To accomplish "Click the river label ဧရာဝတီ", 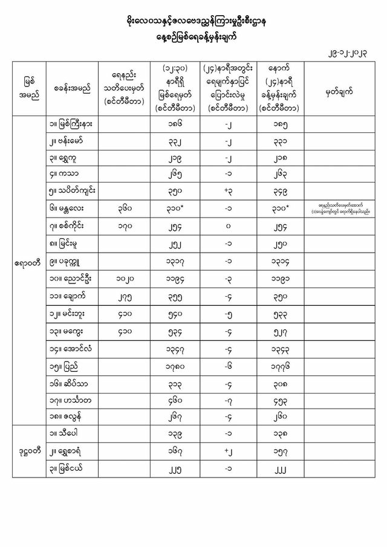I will click(28, 264).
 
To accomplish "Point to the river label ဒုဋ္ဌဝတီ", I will click(28, 468).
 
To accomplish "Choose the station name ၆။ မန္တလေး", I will click(67, 209).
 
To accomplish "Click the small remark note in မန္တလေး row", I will click(343, 209).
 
